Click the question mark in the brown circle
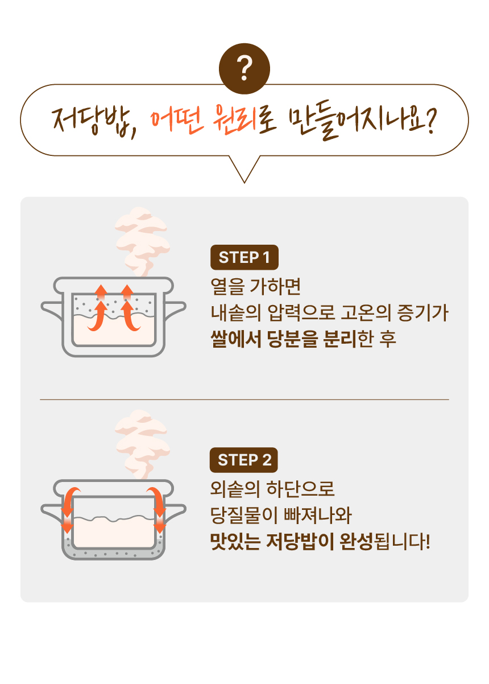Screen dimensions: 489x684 click(x=244, y=68)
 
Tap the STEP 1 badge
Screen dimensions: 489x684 click(x=244, y=257)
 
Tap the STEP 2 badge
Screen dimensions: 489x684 click(x=244, y=460)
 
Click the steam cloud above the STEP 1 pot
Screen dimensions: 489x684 click(x=142, y=241)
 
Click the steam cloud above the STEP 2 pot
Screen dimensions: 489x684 click(x=142, y=444)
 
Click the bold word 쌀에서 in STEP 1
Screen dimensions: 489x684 click(x=236, y=339)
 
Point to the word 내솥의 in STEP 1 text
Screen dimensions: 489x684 click(x=236, y=312)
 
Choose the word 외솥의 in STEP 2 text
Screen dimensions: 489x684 click(x=235, y=489)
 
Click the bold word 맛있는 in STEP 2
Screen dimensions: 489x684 click(x=235, y=541)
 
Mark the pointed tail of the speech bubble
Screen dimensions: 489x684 click(x=244, y=183)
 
